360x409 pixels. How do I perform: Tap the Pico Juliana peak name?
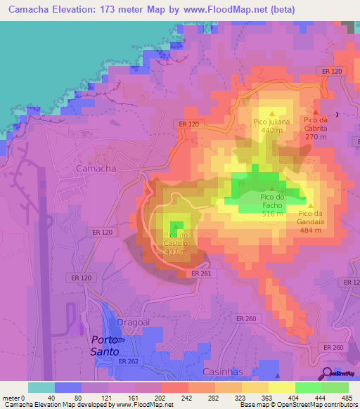pyautogui.click(x=272, y=122)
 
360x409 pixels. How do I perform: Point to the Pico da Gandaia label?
pyautogui.click(x=315, y=213)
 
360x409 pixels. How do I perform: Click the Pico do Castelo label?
pyautogui.click(x=175, y=235)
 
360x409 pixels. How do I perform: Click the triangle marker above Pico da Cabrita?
pyautogui.click(x=316, y=111)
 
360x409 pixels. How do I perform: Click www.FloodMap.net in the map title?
pyautogui.click(x=231, y=9)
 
